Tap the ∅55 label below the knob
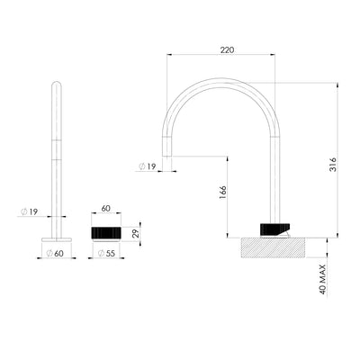coord(105,254)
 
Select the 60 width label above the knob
coord(105,208)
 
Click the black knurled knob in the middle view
coord(105,233)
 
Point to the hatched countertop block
coord(274,247)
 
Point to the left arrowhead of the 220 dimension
coord(169,55)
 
